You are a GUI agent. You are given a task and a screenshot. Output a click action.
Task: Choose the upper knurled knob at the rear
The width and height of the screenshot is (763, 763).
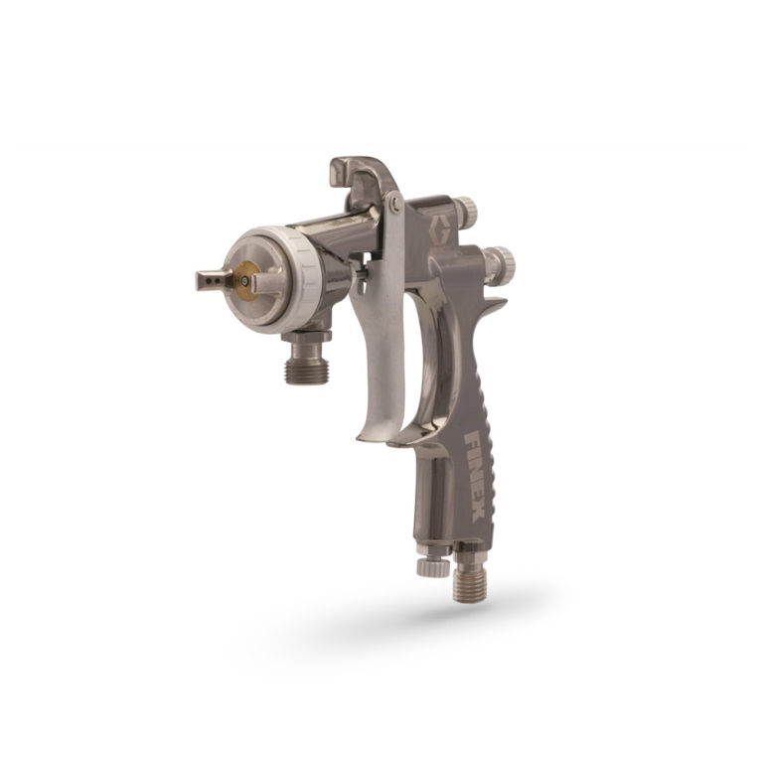465,209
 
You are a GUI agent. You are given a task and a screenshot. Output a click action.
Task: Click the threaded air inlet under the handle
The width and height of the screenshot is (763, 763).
466,580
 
